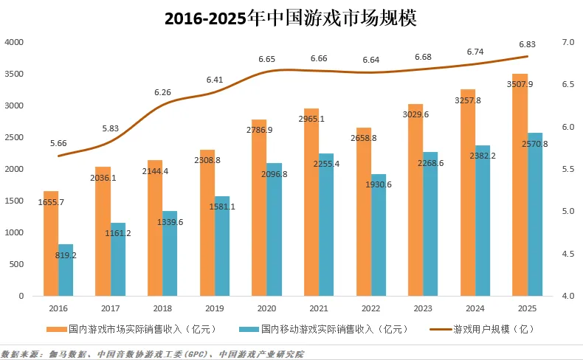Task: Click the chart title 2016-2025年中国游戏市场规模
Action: [291, 18]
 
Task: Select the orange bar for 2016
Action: [50, 243]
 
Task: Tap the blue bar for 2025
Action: [535, 214]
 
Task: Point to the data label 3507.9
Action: [520, 84]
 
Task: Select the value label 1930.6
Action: [379, 184]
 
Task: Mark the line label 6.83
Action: [527, 44]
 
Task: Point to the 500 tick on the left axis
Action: [16, 264]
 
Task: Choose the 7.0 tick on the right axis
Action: [568, 43]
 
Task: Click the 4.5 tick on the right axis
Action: [568, 254]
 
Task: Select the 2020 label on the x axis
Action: [266, 308]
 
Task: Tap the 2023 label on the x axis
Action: [423, 308]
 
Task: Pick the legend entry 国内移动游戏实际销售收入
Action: [325, 328]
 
